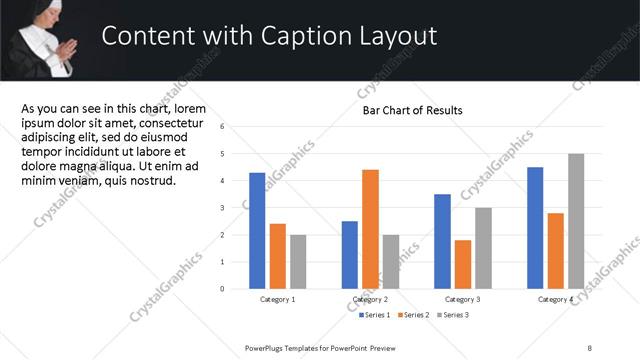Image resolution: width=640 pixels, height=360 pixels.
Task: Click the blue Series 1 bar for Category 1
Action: coord(257,231)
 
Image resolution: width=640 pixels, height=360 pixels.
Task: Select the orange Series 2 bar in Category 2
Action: coord(370,229)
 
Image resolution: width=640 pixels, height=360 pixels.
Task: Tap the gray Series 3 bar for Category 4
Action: coord(576,221)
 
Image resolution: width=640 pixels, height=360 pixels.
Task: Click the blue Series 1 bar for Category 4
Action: coord(535,228)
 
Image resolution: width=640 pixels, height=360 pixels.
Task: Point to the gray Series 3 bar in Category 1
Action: coord(298,262)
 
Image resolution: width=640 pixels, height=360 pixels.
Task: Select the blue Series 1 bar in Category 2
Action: coord(350,255)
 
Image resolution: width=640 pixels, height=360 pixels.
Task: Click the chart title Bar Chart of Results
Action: coord(412,110)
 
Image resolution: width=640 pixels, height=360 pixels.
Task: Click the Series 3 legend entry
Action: coord(452,315)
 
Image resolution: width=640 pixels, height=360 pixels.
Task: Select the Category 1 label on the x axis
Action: coord(277,300)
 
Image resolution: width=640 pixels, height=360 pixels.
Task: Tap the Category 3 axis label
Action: coord(462,300)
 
